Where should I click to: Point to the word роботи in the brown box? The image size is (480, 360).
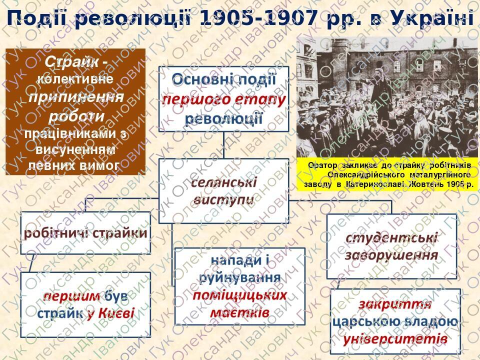76,115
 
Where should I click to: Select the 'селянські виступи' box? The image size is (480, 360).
223,190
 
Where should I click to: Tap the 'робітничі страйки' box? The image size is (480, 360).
86,233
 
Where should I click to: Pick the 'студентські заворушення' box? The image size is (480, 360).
391,246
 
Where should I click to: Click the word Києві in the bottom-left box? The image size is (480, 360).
116,313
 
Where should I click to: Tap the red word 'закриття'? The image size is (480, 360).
394,304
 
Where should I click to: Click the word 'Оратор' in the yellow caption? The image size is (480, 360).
322,165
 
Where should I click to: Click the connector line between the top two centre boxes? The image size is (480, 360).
223,145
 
